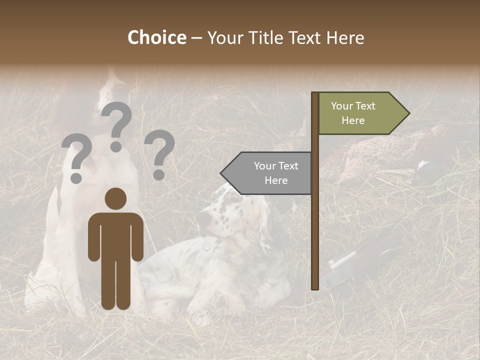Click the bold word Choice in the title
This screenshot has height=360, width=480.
point(156,37)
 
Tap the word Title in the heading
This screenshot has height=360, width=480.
point(265,37)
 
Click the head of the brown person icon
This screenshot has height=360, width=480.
point(115,199)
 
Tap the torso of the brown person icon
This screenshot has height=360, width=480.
point(115,235)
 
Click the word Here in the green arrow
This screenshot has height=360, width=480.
point(353,120)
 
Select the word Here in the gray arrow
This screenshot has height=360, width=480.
point(276,180)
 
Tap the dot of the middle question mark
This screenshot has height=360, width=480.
point(116,146)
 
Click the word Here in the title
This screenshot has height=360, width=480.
point(345,37)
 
